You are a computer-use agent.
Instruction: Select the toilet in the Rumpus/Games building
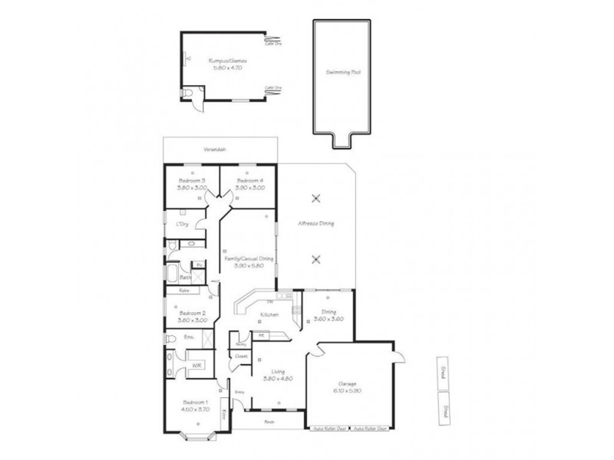[189, 94]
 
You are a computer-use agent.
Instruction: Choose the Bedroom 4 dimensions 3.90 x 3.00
[250, 188]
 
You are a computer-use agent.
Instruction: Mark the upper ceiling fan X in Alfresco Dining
[316, 199]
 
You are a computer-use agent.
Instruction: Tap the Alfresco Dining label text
[315, 224]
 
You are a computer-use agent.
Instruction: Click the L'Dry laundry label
[182, 224]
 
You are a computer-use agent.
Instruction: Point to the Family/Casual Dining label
[248, 259]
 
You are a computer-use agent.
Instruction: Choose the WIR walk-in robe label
[196, 366]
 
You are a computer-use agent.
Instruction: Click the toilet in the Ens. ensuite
[170, 338]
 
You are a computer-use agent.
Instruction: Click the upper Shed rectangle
[443, 373]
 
